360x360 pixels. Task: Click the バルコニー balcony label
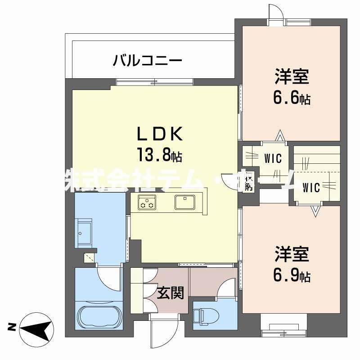pos(147,60)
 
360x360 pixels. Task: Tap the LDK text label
pos(159,134)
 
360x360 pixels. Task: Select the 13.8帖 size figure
pos(160,155)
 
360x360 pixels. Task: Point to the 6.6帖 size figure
pos(292,98)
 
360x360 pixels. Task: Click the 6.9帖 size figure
pos(292,275)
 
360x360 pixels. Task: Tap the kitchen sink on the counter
pos(184,202)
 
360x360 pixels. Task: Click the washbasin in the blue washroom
pos(84,233)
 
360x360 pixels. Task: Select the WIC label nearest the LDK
pos(273,158)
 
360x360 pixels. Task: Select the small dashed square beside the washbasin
pos(90,257)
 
